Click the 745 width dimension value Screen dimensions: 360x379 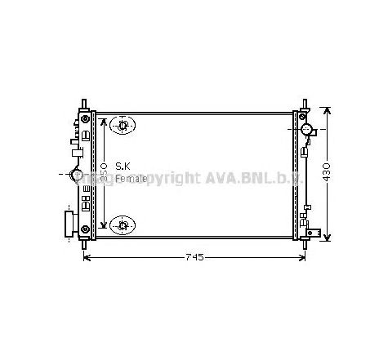tap(193, 258)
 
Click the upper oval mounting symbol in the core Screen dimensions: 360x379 tap(123, 126)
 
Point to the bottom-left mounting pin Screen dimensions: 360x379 tap(84, 243)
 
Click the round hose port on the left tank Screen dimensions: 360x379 tap(78, 175)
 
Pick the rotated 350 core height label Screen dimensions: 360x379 tap(104, 174)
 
